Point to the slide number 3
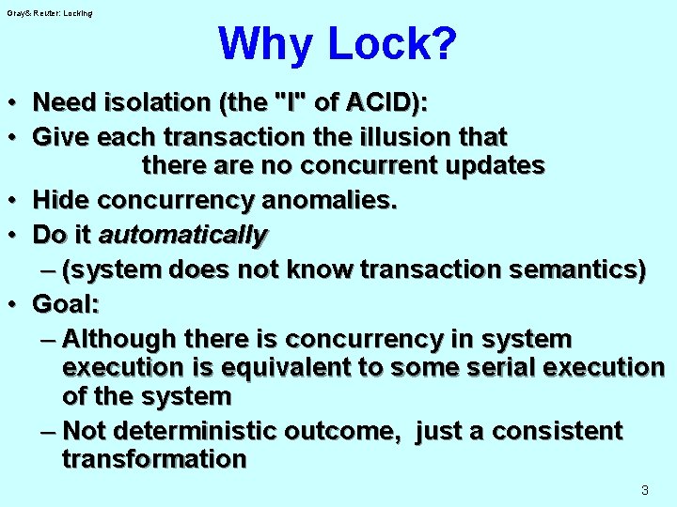click(x=644, y=489)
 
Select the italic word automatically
click(x=183, y=234)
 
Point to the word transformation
click(x=154, y=459)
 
